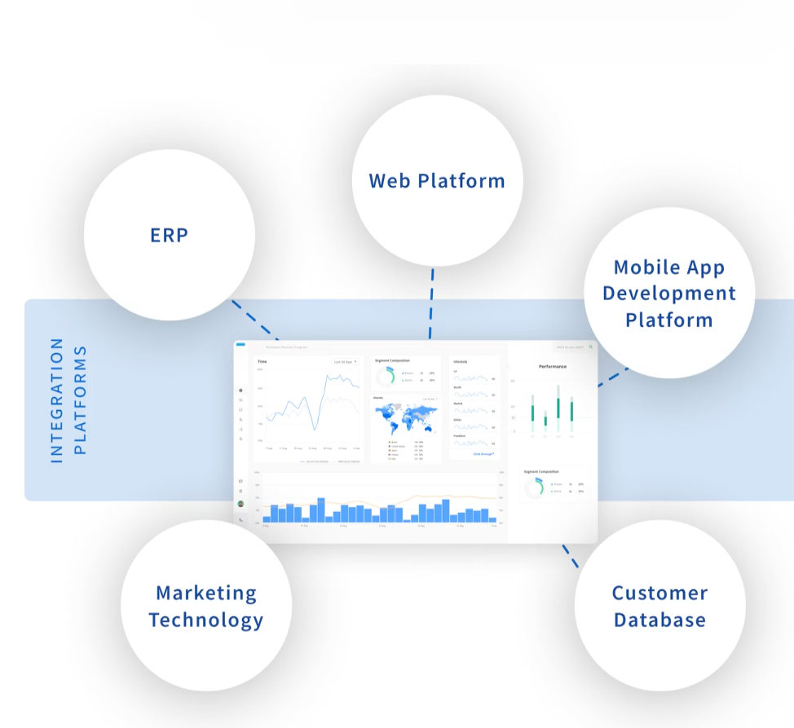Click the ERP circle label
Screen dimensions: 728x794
tap(169, 236)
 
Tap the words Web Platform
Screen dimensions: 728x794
tap(436, 180)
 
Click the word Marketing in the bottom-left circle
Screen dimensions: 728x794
tap(206, 593)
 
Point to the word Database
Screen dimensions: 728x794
tap(659, 620)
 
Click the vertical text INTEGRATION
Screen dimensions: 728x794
tap(57, 400)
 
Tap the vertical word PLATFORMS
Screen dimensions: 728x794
tap(80, 400)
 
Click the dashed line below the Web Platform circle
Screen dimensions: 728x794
tap(431, 302)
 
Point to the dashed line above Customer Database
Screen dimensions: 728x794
tap(571, 558)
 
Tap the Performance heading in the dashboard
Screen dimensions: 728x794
tap(553, 367)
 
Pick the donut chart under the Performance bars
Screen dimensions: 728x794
tap(535, 488)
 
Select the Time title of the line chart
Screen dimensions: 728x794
tap(262, 361)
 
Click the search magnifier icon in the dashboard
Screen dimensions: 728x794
tap(591, 347)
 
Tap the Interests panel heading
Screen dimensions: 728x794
tap(461, 361)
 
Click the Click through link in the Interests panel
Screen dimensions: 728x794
tap(483, 453)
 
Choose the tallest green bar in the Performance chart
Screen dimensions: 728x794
tap(558, 402)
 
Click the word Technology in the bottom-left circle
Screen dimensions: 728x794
tap(206, 620)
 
